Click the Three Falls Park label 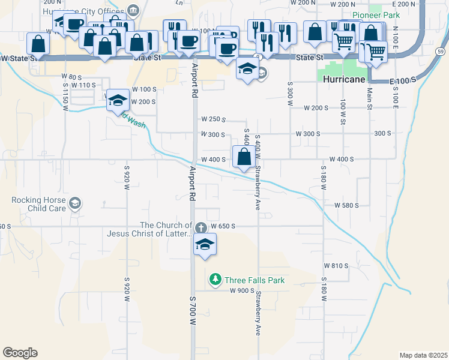coord(254,280)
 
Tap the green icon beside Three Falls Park coord(215,280)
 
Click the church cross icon coord(200,227)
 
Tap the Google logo coord(20,353)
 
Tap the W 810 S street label coord(336,265)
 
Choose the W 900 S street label coord(242,290)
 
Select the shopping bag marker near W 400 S coord(244,158)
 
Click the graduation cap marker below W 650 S coord(205,245)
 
